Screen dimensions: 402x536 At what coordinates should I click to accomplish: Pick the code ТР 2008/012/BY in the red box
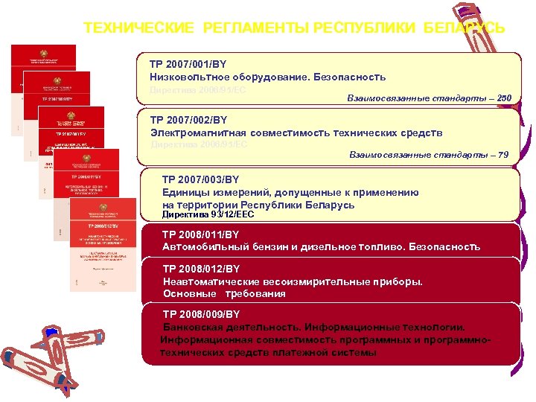click(x=199, y=269)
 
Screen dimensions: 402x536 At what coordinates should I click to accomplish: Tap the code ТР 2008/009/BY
click(x=199, y=315)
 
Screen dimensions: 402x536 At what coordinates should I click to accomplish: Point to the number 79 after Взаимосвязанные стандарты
click(x=503, y=155)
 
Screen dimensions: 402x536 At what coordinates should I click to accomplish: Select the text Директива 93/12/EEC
click(x=208, y=214)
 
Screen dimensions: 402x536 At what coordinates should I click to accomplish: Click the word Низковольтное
click(x=187, y=77)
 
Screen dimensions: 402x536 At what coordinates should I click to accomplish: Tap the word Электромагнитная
click(x=196, y=133)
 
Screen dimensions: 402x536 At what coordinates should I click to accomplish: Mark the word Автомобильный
click(x=205, y=246)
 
